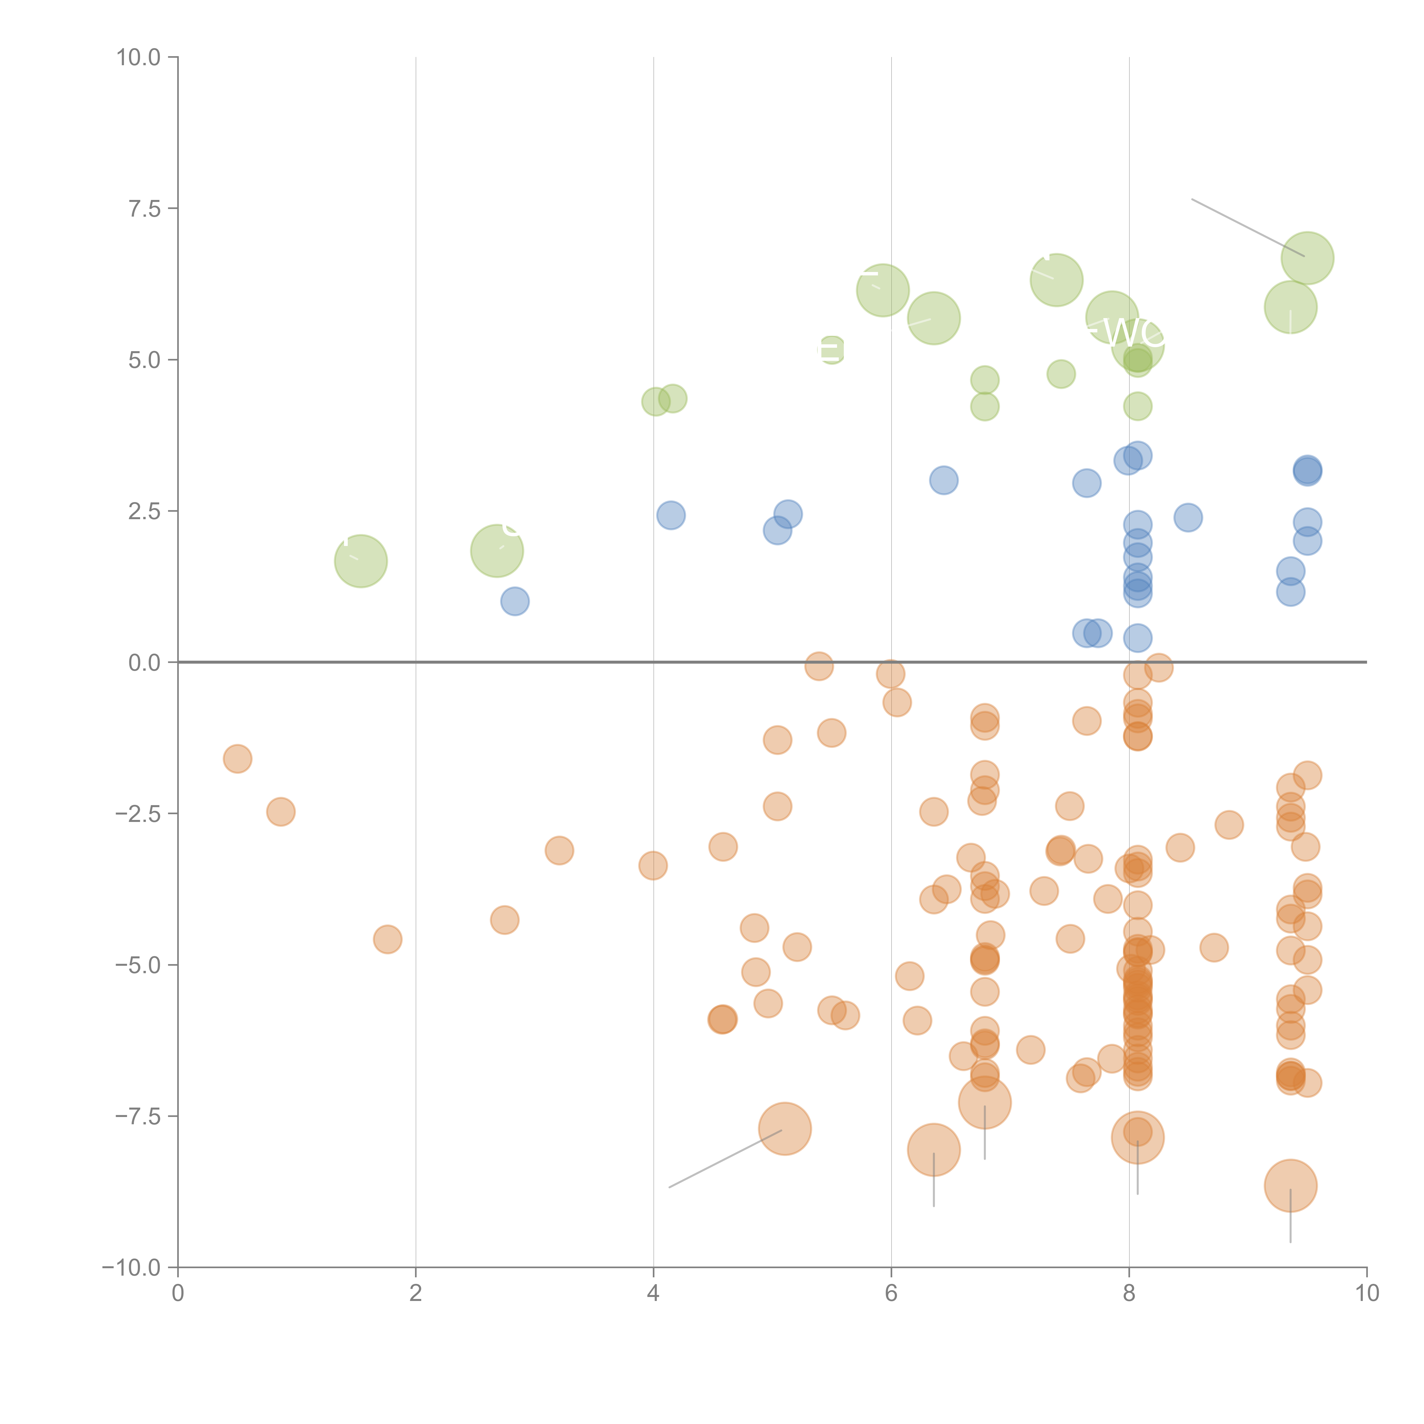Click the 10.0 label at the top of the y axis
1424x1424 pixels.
(139, 58)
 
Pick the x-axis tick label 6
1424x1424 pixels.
(891, 1294)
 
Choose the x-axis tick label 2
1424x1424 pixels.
(416, 1294)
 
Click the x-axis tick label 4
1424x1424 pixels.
(653, 1294)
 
